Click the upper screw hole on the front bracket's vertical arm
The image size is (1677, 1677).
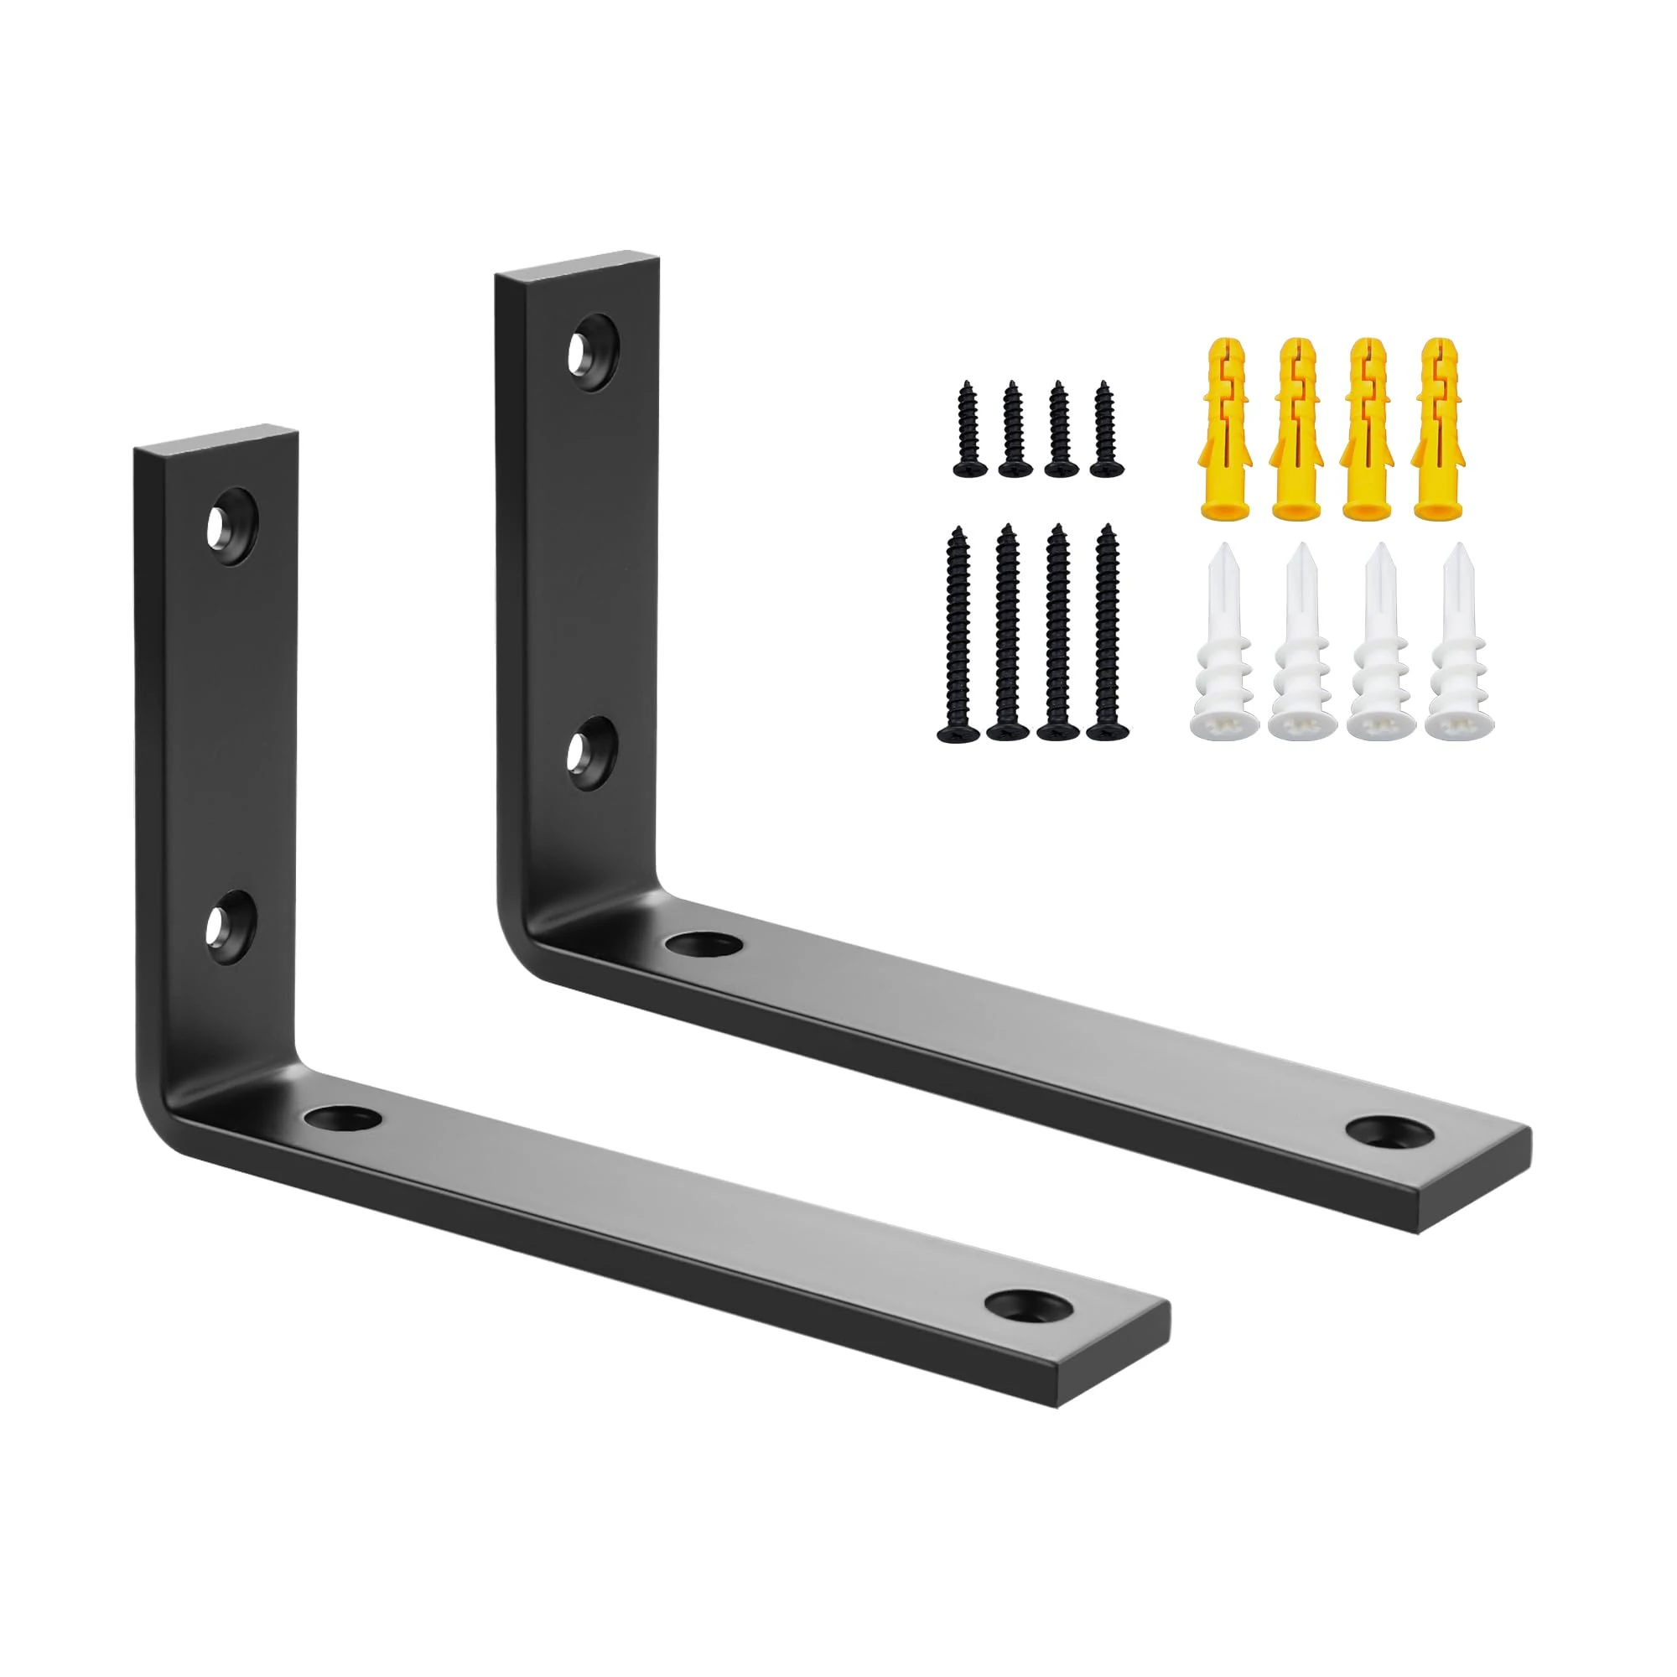(231, 527)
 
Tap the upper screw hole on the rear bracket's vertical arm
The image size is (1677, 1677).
(593, 352)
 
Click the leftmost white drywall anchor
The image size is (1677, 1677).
(1219, 642)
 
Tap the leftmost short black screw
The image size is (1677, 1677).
(969, 429)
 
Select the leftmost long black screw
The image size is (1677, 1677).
(958, 634)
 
